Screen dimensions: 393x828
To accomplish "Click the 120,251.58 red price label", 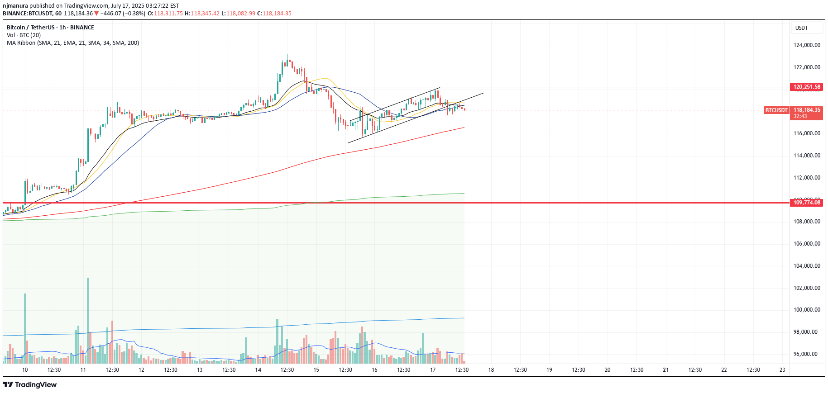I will (x=806, y=87).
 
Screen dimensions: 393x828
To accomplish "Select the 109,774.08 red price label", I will (x=806, y=203).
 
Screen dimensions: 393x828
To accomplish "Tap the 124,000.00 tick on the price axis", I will (x=807, y=45).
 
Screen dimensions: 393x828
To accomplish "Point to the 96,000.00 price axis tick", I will (x=807, y=354).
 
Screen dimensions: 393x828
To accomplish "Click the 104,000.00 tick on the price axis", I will (x=807, y=266).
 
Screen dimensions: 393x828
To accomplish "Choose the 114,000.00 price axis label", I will (x=807, y=156).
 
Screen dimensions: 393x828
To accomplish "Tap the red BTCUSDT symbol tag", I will (x=776, y=110).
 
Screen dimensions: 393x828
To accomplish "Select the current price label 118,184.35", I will (x=807, y=110).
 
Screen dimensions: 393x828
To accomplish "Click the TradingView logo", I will (x=30, y=385).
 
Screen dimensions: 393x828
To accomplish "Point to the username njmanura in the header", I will (x=15, y=6).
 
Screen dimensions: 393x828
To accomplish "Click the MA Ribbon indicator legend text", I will (x=73, y=43).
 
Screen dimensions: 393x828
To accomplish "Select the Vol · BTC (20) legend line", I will (x=24, y=35).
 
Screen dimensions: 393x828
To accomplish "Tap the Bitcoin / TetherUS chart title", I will (x=50, y=28).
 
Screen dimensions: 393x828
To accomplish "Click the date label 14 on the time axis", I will (x=258, y=370).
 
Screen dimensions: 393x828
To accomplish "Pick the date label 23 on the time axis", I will (x=782, y=370).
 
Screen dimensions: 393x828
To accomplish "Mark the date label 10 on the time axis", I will (x=25, y=370).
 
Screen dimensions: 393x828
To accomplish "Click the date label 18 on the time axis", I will (x=491, y=370).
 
